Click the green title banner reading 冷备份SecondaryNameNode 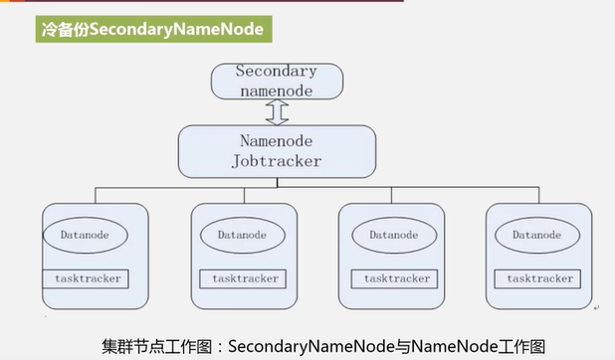click(153, 29)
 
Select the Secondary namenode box click(277, 82)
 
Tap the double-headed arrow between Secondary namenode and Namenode click(277, 112)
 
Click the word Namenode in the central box click(276, 141)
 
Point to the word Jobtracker click(276, 161)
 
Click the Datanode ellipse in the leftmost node click(86, 235)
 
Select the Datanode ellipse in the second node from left click(243, 235)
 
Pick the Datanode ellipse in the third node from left click(394, 235)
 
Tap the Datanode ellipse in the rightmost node click(537, 235)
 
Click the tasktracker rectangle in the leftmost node click(86, 278)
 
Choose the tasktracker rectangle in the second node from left click(243, 278)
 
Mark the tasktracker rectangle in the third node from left click(394, 278)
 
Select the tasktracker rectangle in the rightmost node click(537, 278)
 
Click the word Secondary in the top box click(276, 72)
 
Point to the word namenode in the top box click(277, 90)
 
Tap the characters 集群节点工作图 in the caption click(157, 347)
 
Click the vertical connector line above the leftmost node click(96, 195)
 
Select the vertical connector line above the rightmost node click(539, 195)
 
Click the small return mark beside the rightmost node click(596, 308)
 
